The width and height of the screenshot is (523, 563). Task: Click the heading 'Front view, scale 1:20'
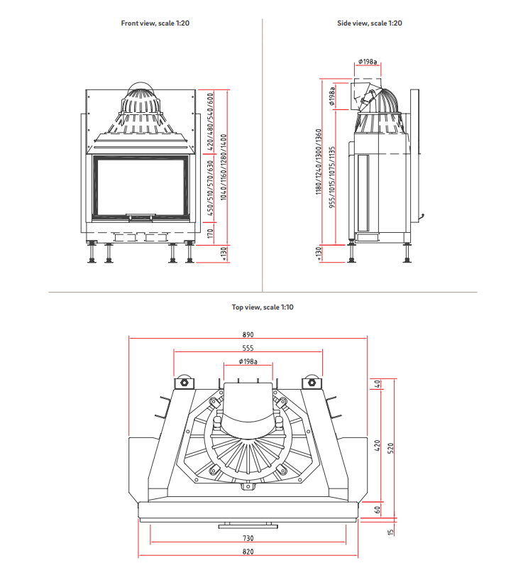(x=155, y=23)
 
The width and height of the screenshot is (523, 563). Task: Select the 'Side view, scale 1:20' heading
(x=369, y=23)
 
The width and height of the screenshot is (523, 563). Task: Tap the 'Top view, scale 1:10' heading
(x=262, y=307)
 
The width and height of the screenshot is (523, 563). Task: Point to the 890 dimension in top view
(x=248, y=334)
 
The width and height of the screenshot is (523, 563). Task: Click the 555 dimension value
(x=248, y=348)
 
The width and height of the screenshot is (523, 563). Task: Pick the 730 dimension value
(x=248, y=539)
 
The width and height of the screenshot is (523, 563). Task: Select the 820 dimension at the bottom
(x=248, y=552)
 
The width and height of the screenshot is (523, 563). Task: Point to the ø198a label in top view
(x=248, y=362)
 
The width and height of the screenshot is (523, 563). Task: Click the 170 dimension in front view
(x=210, y=231)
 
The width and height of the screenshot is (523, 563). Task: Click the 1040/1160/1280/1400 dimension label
(x=224, y=167)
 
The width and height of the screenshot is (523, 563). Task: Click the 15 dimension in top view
(x=392, y=531)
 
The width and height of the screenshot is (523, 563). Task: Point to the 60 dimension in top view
(x=378, y=508)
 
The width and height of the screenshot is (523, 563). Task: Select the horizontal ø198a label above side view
(x=368, y=62)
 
